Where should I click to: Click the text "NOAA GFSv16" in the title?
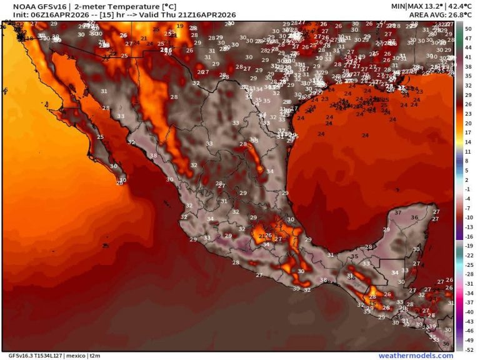(32, 6)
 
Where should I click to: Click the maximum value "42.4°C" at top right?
(441, 6)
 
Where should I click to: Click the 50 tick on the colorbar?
(467, 29)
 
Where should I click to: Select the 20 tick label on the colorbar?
(467, 123)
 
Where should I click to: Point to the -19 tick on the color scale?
(467, 246)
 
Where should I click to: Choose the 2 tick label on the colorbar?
(467, 180)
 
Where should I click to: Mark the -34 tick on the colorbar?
(467, 293)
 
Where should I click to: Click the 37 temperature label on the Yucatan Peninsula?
(398, 212)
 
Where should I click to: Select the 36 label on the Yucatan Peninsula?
(414, 217)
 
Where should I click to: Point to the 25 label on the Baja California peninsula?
(101, 136)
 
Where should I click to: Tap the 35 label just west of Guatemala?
(354, 256)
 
